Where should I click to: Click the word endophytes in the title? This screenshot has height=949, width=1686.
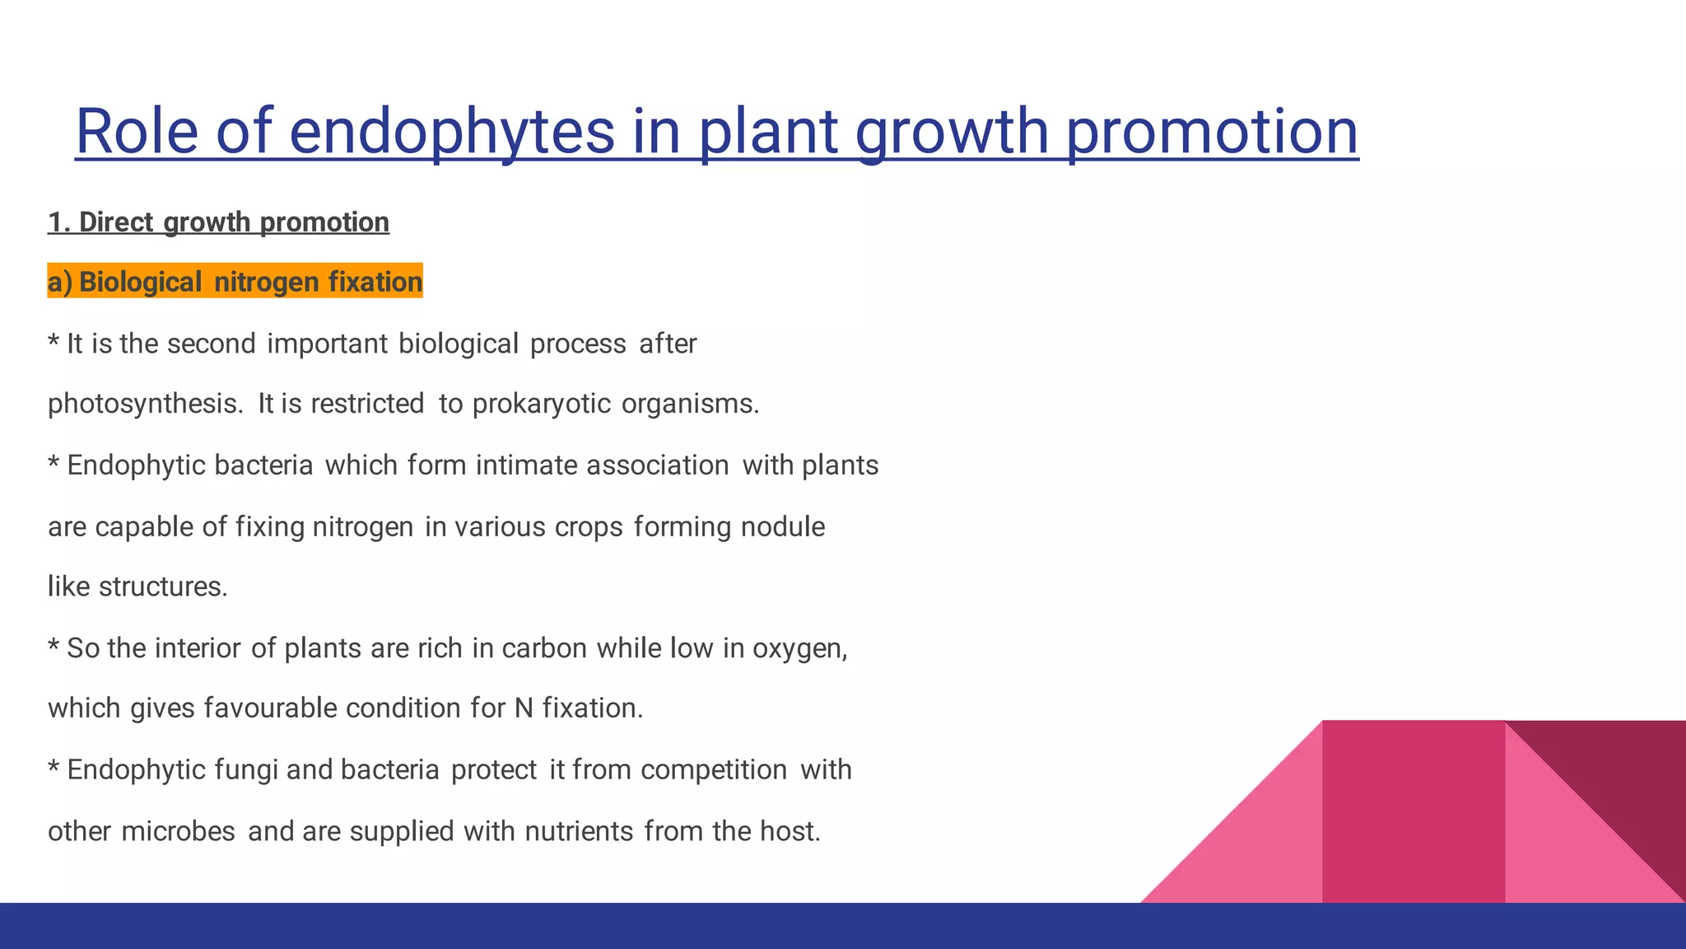pos(451,132)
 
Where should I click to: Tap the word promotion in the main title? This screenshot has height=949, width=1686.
pos(1212,132)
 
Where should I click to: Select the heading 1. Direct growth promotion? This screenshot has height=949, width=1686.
pos(218,222)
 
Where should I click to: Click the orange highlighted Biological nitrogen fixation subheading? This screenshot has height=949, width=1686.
pos(235,282)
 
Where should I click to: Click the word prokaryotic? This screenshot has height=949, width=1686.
pos(541,404)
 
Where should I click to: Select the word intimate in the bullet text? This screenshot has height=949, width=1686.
pos(527,465)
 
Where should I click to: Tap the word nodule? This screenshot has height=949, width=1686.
pos(782,527)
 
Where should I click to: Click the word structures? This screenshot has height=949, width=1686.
pos(162,587)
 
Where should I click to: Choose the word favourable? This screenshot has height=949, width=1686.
pos(270,708)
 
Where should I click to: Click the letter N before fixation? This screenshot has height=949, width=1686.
pos(524,708)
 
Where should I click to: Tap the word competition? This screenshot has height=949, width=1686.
pos(713,769)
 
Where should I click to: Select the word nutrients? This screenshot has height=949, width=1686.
pos(579,831)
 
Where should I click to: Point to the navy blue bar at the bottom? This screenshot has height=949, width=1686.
pos(843,926)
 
